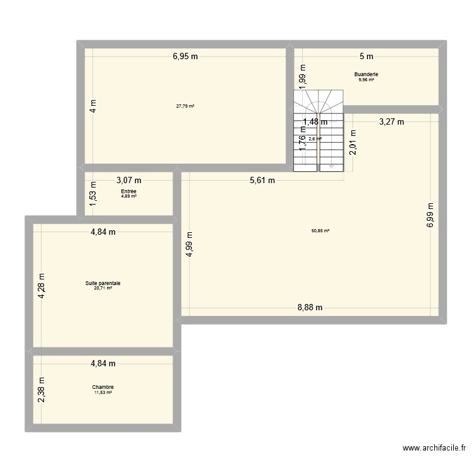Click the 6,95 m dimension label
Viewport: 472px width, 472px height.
pyautogui.click(x=186, y=56)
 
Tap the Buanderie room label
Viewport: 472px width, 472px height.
pyautogui.click(x=366, y=74)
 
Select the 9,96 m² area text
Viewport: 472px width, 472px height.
pyautogui.click(x=366, y=80)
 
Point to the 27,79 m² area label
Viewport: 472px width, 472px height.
pyautogui.click(x=185, y=106)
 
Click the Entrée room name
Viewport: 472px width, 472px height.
pyautogui.click(x=129, y=191)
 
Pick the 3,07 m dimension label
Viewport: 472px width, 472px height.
pyautogui.click(x=129, y=180)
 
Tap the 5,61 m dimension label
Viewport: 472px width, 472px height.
pyautogui.click(x=262, y=181)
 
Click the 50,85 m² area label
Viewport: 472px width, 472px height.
pyautogui.click(x=320, y=231)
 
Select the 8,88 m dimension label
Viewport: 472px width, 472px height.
pyautogui.click(x=310, y=308)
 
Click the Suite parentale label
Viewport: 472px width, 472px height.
pyautogui.click(x=103, y=283)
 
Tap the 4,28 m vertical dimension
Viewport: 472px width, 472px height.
pyautogui.click(x=42, y=286)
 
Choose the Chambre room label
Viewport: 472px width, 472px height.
pyautogui.click(x=103, y=387)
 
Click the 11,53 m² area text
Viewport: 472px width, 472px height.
pyautogui.click(x=103, y=393)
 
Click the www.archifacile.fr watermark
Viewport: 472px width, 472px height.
pyautogui.click(x=434, y=449)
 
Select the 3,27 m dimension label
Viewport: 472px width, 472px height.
pyautogui.click(x=391, y=122)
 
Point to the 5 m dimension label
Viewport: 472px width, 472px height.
pyautogui.click(x=366, y=56)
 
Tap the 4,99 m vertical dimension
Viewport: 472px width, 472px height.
pyautogui.click(x=189, y=245)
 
